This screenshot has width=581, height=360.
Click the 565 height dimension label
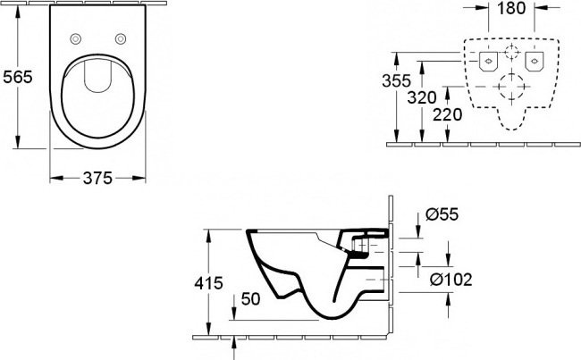tap(17, 77)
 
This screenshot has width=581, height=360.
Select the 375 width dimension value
tap(97, 178)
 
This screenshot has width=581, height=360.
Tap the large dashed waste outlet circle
tap(511, 88)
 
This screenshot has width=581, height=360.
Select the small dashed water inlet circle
tap(511, 52)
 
